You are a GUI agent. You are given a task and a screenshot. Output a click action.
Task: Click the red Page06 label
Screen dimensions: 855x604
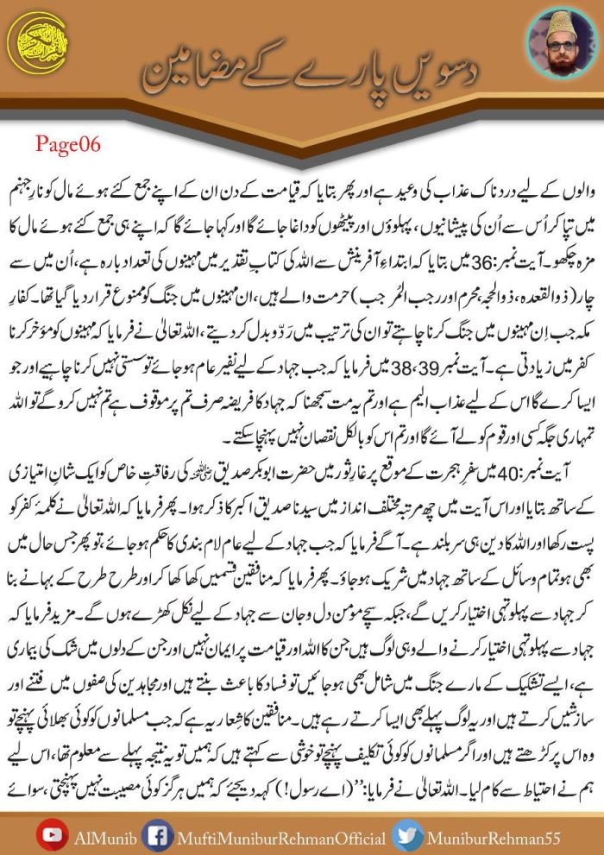tap(68, 144)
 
